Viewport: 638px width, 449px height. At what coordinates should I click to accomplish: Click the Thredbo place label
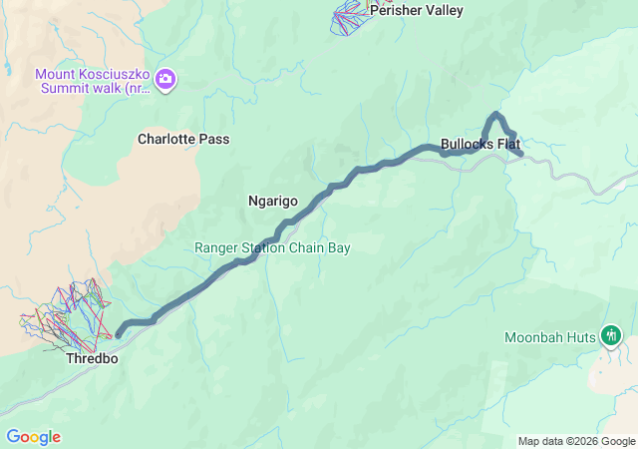tap(92, 358)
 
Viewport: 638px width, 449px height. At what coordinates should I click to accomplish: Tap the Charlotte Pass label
tap(183, 140)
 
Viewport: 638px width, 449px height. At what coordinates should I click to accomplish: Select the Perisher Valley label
tap(417, 11)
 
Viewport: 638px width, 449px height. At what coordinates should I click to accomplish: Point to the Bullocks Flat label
tap(480, 144)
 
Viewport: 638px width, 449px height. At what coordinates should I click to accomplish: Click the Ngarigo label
tap(272, 201)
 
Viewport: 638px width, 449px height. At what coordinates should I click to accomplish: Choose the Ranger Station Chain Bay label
tap(272, 247)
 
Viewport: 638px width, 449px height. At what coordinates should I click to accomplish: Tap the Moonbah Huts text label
tap(550, 336)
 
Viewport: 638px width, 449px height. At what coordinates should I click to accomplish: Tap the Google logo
tap(33, 437)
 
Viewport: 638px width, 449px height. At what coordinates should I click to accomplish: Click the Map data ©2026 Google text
tap(577, 441)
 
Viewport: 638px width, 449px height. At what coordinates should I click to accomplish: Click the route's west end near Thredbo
tap(119, 334)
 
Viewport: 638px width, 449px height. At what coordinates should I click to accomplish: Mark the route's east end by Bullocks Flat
tap(521, 154)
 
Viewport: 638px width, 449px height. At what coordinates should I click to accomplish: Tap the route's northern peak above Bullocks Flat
tap(495, 115)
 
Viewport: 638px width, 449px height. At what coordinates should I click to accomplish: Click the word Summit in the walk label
tap(61, 87)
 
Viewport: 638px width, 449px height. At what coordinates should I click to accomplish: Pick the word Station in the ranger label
tap(261, 247)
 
